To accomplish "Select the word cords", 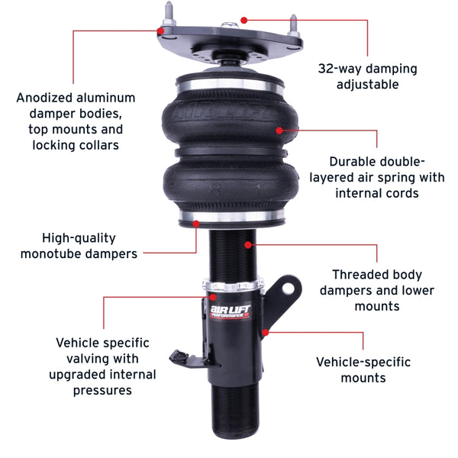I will point(398,193).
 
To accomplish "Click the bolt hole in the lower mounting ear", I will point(289,289).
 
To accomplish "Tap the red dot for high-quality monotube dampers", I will point(196,224).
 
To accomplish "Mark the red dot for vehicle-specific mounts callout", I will point(264,332).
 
